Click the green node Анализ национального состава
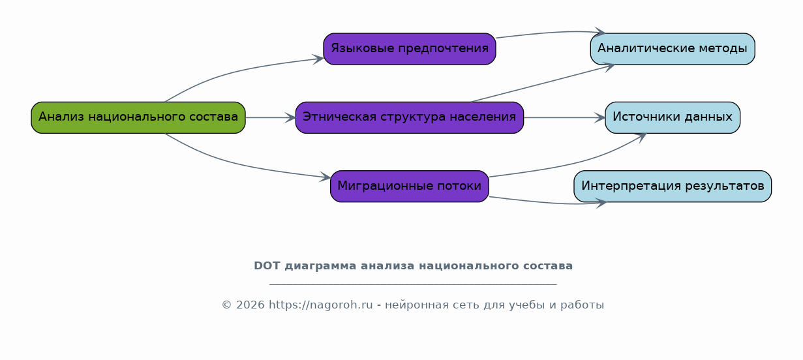[x=138, y=117]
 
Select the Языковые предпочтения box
[x=410, y=49]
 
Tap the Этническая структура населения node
[x=410, y=117]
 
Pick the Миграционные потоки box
[x=410, y=187]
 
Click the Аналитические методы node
[x=673, y=49]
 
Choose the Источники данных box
[x=673, y=117]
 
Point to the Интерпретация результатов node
[x=673, y=187]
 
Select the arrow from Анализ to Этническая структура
[x=271, y=117]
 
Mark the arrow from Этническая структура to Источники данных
[x=565, y=117]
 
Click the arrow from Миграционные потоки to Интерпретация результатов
[x=549, y=203]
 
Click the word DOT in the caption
[x=267, y=266]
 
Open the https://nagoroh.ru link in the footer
[x=321, y=305]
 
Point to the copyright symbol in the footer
[x=227, y=305]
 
